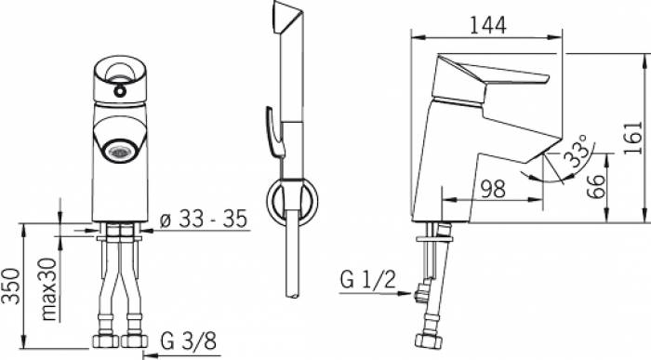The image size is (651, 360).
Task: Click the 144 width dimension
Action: [x=488, y=26]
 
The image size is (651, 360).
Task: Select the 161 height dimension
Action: [x=634, y=139]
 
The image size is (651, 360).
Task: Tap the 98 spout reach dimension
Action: [x=493, y=190]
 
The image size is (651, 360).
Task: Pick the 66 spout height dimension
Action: [x=597, y=187]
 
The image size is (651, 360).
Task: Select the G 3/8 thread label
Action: [x=189, y=341]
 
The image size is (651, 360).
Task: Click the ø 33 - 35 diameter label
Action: [x=204, y=219]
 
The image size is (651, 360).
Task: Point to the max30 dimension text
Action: [x=49, y=289]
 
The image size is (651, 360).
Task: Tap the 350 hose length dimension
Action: [x=11, y=287]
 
